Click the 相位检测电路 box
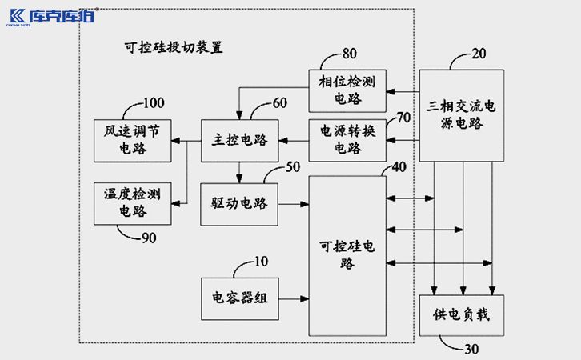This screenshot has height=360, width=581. (347, 89)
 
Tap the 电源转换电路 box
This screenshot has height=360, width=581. (347, 139)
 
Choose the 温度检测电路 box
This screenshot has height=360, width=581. (132, 202)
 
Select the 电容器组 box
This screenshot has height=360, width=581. (239, 297)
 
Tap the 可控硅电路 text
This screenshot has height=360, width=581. (347, 254)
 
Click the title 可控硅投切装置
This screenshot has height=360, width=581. (169, 47)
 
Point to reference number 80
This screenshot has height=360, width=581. (350, 54)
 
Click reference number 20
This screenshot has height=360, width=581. (479, 54)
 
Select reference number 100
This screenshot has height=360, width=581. (153, 102)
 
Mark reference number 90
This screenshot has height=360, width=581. (149, 238)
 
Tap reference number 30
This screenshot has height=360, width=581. (474, 348)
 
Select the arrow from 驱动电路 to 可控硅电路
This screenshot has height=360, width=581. (294, 204)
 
